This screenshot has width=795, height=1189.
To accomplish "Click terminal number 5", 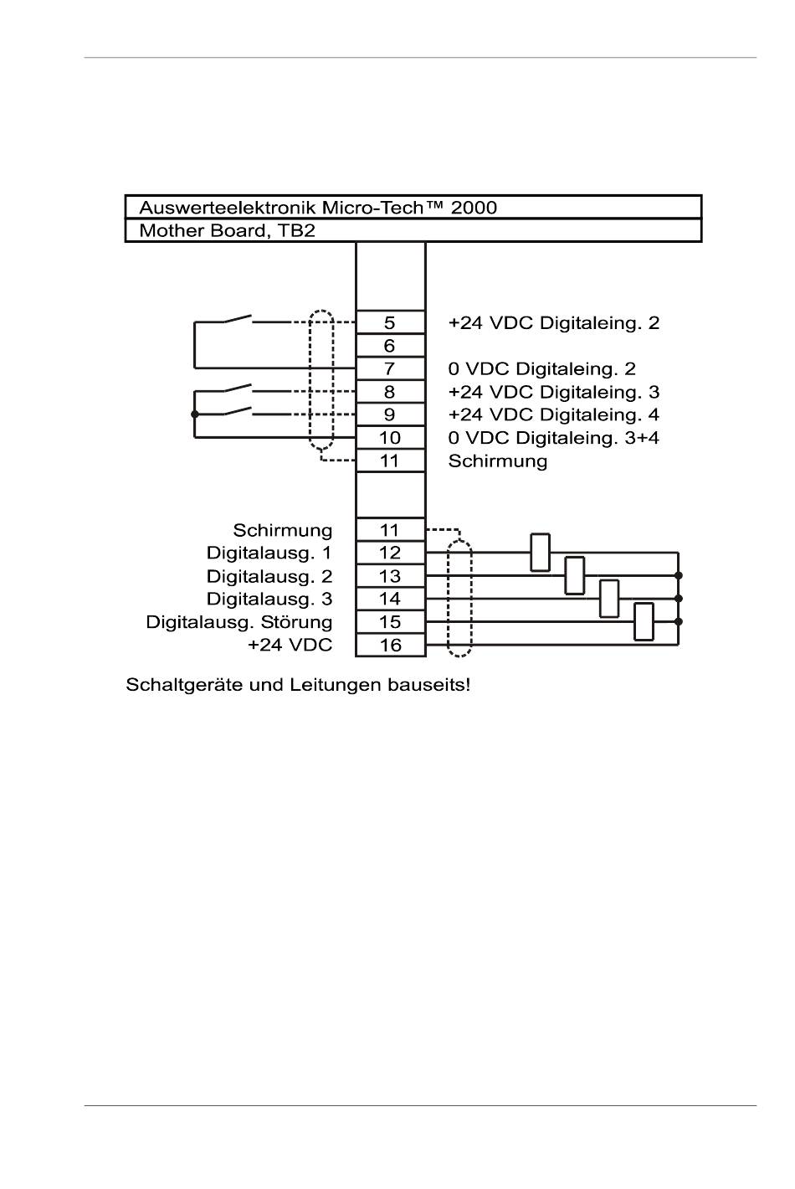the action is click(390, 322).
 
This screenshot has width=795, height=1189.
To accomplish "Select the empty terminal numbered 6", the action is click(390, 346).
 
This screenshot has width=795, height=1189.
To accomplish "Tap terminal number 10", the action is click(390, 437).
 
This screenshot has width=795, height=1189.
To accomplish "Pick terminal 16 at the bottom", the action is click(390, 645).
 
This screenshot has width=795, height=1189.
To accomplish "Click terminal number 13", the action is click(390, 576).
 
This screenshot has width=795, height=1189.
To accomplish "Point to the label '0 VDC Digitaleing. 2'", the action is click(541, 368).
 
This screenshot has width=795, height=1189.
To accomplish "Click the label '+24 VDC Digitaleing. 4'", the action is click(554, 414).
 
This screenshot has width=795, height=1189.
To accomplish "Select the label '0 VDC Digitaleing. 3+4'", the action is click(554, 437).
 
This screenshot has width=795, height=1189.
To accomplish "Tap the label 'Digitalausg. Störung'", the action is click(239, 622).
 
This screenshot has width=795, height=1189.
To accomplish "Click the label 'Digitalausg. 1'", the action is click(269, 553).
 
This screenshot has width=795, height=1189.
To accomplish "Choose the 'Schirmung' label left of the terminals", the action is click(283, 530).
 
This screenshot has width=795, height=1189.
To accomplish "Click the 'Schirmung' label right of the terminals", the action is click(497, 461).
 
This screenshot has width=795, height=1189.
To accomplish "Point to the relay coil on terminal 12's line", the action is click(540, 553).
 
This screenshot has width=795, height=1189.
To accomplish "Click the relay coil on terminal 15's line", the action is click(644, 621).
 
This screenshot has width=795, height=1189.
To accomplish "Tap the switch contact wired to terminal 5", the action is click(238, 318).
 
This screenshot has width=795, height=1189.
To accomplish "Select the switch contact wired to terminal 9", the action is click(238, 410).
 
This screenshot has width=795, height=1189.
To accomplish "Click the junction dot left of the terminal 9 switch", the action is click(195, 414).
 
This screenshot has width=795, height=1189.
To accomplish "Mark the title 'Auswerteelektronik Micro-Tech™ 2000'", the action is click(318, 208).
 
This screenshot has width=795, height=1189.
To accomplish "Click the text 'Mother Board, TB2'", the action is click(227, 231).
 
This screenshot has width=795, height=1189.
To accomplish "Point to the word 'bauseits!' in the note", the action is click(429, 685).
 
